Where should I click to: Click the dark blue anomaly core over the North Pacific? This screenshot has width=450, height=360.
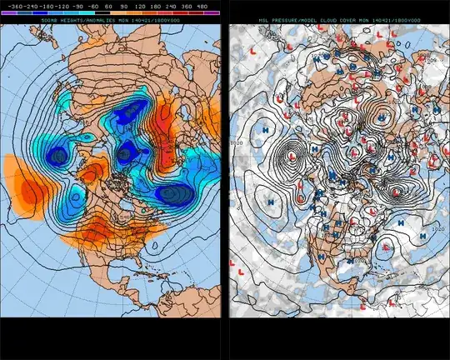58,156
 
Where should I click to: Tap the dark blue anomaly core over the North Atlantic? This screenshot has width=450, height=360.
171,194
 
